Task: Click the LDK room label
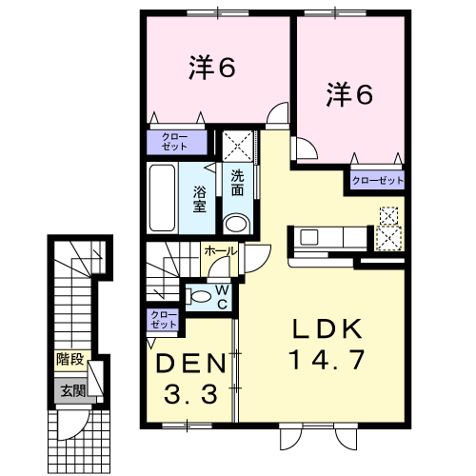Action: click(x=327, y=329)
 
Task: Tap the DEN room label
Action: click(x=191, y=363)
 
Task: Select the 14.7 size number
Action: click(x=327, y=359)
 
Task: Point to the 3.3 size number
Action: click(x=191, y=393)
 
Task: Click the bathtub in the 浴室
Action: click(x=162, y=198)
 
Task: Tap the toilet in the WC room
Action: click(x=198, y=297)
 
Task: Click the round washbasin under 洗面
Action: click(x=235, y=224)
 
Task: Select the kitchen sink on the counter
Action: click(x=308, y=237)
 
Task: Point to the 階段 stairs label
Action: click(x=70, y=360)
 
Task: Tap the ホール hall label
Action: click(x=221, y=251)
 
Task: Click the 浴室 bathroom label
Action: click(x=200, y=199)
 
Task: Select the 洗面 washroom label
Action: click(x=238, y=183)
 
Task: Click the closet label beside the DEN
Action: click(x=164, y=320)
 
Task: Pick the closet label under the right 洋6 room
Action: click(x=378, y=181)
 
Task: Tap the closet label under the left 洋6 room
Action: click(x=174, y=142)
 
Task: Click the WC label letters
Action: click(x=222, y=297)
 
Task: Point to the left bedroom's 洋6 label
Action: click(x=212, y=68)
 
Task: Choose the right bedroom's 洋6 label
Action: click(x=349, y=94)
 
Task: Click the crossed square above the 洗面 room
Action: click(x=238, y=146)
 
